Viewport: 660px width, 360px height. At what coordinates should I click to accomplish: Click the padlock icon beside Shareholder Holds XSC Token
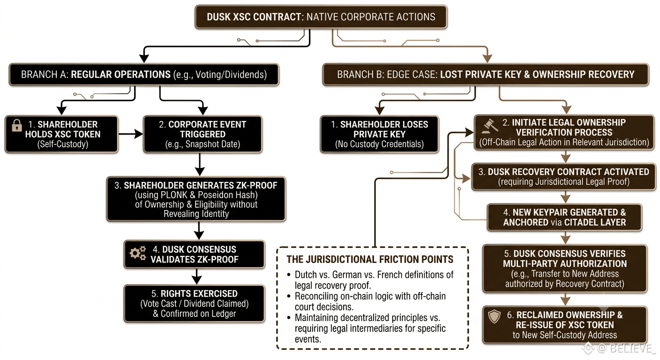coord(17,125)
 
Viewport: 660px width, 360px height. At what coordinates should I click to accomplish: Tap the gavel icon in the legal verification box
coord(490,126)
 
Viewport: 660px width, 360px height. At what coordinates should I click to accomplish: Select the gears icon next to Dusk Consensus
coord(138,253)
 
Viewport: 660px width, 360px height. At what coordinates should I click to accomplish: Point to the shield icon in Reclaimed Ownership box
coord(494,316)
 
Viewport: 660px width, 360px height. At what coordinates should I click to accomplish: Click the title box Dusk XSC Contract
coord(321,17)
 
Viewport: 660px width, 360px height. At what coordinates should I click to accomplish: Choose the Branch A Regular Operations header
coord(144,75)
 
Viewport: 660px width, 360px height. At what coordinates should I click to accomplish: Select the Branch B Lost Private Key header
coord(486,75)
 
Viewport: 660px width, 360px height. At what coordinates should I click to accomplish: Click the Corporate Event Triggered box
coord(202,135)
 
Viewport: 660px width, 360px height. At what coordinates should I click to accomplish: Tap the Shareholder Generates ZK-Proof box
coord(196,199)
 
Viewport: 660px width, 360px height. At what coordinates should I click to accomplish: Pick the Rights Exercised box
coord(195,303)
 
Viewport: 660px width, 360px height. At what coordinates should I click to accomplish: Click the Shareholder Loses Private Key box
coord(380,135)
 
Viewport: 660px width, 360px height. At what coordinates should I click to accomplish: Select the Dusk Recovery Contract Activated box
coord(563,176)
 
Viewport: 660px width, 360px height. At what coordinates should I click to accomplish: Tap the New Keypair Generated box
coord(564,217)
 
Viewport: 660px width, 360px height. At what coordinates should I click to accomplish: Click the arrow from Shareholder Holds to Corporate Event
coord(130,134)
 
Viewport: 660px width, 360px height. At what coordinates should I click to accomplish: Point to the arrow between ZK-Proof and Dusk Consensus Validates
coord(199,231)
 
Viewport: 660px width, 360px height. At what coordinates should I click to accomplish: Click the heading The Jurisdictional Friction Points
coord(370,259)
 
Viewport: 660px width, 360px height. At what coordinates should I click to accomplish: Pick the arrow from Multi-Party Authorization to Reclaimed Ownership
coord(565,299)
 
